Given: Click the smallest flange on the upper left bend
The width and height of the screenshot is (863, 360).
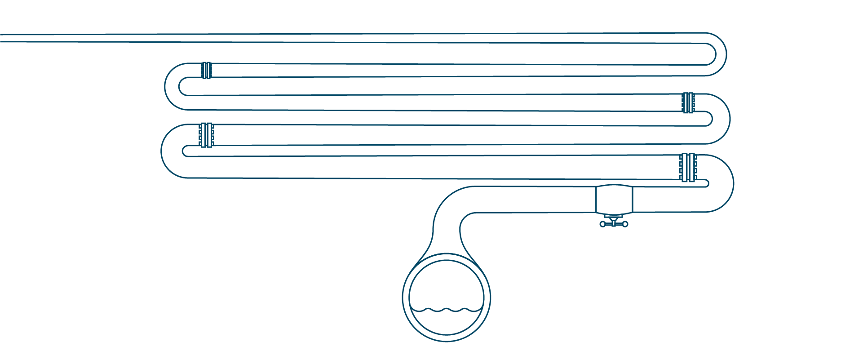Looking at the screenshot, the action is pos(206,70).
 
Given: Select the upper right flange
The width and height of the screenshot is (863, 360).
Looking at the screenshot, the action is pos(688,103).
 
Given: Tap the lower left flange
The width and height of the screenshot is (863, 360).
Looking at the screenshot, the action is pos(206,135).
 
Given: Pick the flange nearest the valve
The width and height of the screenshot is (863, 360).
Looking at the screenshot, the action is pos(688,168).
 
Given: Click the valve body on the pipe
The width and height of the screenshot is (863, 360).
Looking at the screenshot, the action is pos(614,199).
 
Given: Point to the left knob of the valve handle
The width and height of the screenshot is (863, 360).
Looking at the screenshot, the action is pos(602,224).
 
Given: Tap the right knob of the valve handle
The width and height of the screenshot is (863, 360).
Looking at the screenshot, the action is pos(625,224).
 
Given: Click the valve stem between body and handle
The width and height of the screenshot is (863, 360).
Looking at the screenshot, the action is pos(614,218).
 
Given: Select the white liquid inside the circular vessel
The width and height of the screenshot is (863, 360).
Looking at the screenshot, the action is pos(446,321).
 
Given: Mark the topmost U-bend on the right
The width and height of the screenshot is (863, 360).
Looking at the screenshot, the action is pos(717,54).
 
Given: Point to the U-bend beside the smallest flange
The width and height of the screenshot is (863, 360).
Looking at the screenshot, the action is pos(173,86).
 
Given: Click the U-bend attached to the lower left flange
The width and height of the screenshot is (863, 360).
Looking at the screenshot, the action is pos(171,151).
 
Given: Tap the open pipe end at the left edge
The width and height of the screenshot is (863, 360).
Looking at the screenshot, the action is pos(3,38).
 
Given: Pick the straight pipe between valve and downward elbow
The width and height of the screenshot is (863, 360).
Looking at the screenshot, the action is pos(535,199).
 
